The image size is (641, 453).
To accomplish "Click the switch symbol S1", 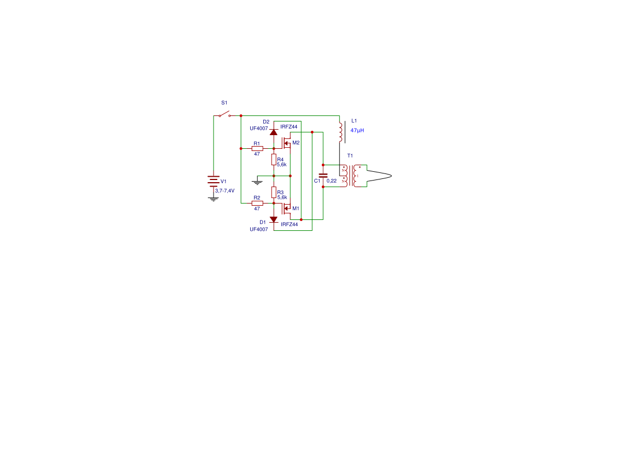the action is [x=224, y=114].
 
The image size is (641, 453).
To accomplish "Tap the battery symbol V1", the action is [x=213, y=181].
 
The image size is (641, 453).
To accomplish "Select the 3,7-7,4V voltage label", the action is [x=225, y=191].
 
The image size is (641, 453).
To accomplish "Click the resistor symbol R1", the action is [x=257, y=149].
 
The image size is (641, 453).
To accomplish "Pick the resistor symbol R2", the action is [x=257, y=203].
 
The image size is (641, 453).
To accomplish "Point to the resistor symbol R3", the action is [x=274, y=193].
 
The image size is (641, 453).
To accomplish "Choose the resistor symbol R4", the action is [x=274, y=160].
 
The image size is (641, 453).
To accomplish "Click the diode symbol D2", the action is [x=274, y=132].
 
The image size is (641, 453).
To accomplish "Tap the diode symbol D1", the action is [x=274, y=220].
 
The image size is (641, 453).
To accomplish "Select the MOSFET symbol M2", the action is [x=287, y=143].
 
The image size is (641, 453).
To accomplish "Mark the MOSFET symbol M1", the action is [x=287, y=209].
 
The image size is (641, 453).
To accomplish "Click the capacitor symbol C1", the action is [x=323, y=176].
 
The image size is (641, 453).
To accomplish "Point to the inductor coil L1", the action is [x=340, y=132].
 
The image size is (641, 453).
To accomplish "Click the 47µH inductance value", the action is [x=357, y=130].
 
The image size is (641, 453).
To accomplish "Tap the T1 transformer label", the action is [x=350, y=155].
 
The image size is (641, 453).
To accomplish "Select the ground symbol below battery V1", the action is [x=213, y=199].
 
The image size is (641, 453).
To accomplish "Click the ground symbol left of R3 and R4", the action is [x=257, y=182].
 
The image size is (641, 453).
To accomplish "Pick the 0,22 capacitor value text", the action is [x=332, y=181].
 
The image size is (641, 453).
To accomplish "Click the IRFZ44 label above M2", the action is [x=288, y=127].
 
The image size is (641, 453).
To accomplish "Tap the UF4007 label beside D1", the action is [x=259, y=230].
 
